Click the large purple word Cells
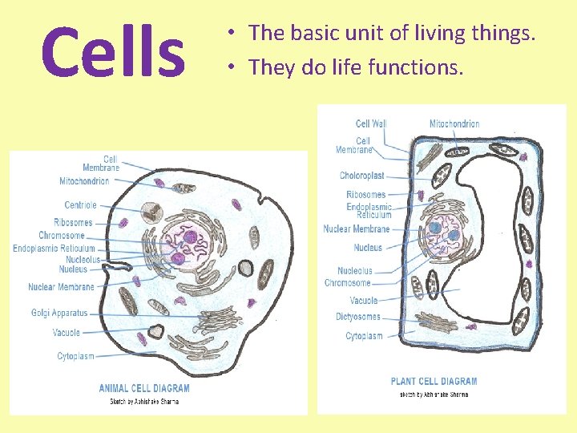click(x=112, y=53)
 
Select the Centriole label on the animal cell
click(x=80, y=205)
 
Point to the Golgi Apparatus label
click(x=59, y=313)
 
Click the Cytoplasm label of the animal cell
click(x=75, y=356)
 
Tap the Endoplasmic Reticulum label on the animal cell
click(x=54, y=249)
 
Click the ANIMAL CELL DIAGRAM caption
click(x=144, y=389)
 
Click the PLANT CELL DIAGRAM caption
click(x=434, y=382)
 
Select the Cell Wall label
click(x=371, y=123)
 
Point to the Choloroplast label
click(x=361, y=176)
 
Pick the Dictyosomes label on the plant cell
click(x=358, y=317)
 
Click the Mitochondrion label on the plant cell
click(x=454, y=123)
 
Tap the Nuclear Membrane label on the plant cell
click(x=357, y=229)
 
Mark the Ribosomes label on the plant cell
click(x=365, y=195)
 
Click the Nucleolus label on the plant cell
click(x=355, y=271)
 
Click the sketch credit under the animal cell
click(x=144, y=402)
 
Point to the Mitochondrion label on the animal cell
click(x=84, y=181)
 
